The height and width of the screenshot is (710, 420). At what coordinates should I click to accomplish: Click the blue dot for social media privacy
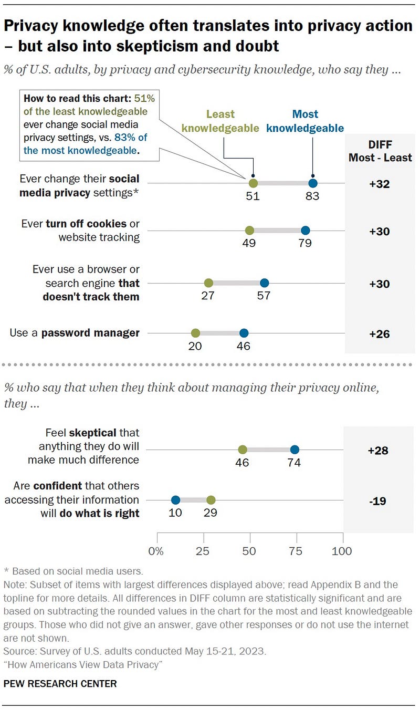(x=313, y=183)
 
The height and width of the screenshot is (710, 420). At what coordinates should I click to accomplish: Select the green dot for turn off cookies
(x=249, y=230)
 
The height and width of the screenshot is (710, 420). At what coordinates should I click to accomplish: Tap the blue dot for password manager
(x=244, y=332)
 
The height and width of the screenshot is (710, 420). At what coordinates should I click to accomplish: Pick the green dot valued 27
(x=208, y=283)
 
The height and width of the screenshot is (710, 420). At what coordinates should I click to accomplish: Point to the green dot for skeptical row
(x=243, y=450)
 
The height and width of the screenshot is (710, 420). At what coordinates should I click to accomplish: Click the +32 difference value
(x=379, y=183)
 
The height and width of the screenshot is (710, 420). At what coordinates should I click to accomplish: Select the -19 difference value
(x=377, y=500)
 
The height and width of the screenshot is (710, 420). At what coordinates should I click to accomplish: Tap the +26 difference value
(x=379, y=333)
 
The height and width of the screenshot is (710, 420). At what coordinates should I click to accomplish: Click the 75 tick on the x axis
(x=296, y=551)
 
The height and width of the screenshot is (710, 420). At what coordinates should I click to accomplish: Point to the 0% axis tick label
(x=156, y=551)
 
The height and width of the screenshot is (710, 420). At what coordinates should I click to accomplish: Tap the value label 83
(x=312, y=197)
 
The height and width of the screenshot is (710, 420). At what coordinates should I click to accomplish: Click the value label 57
(x=264, y=296)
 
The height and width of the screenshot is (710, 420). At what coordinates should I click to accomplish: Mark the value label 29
(x=210, y=513)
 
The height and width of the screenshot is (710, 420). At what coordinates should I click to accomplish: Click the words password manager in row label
(x=90, y=333)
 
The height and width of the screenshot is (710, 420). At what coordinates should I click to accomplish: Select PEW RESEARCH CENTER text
(x=60, y=683)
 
